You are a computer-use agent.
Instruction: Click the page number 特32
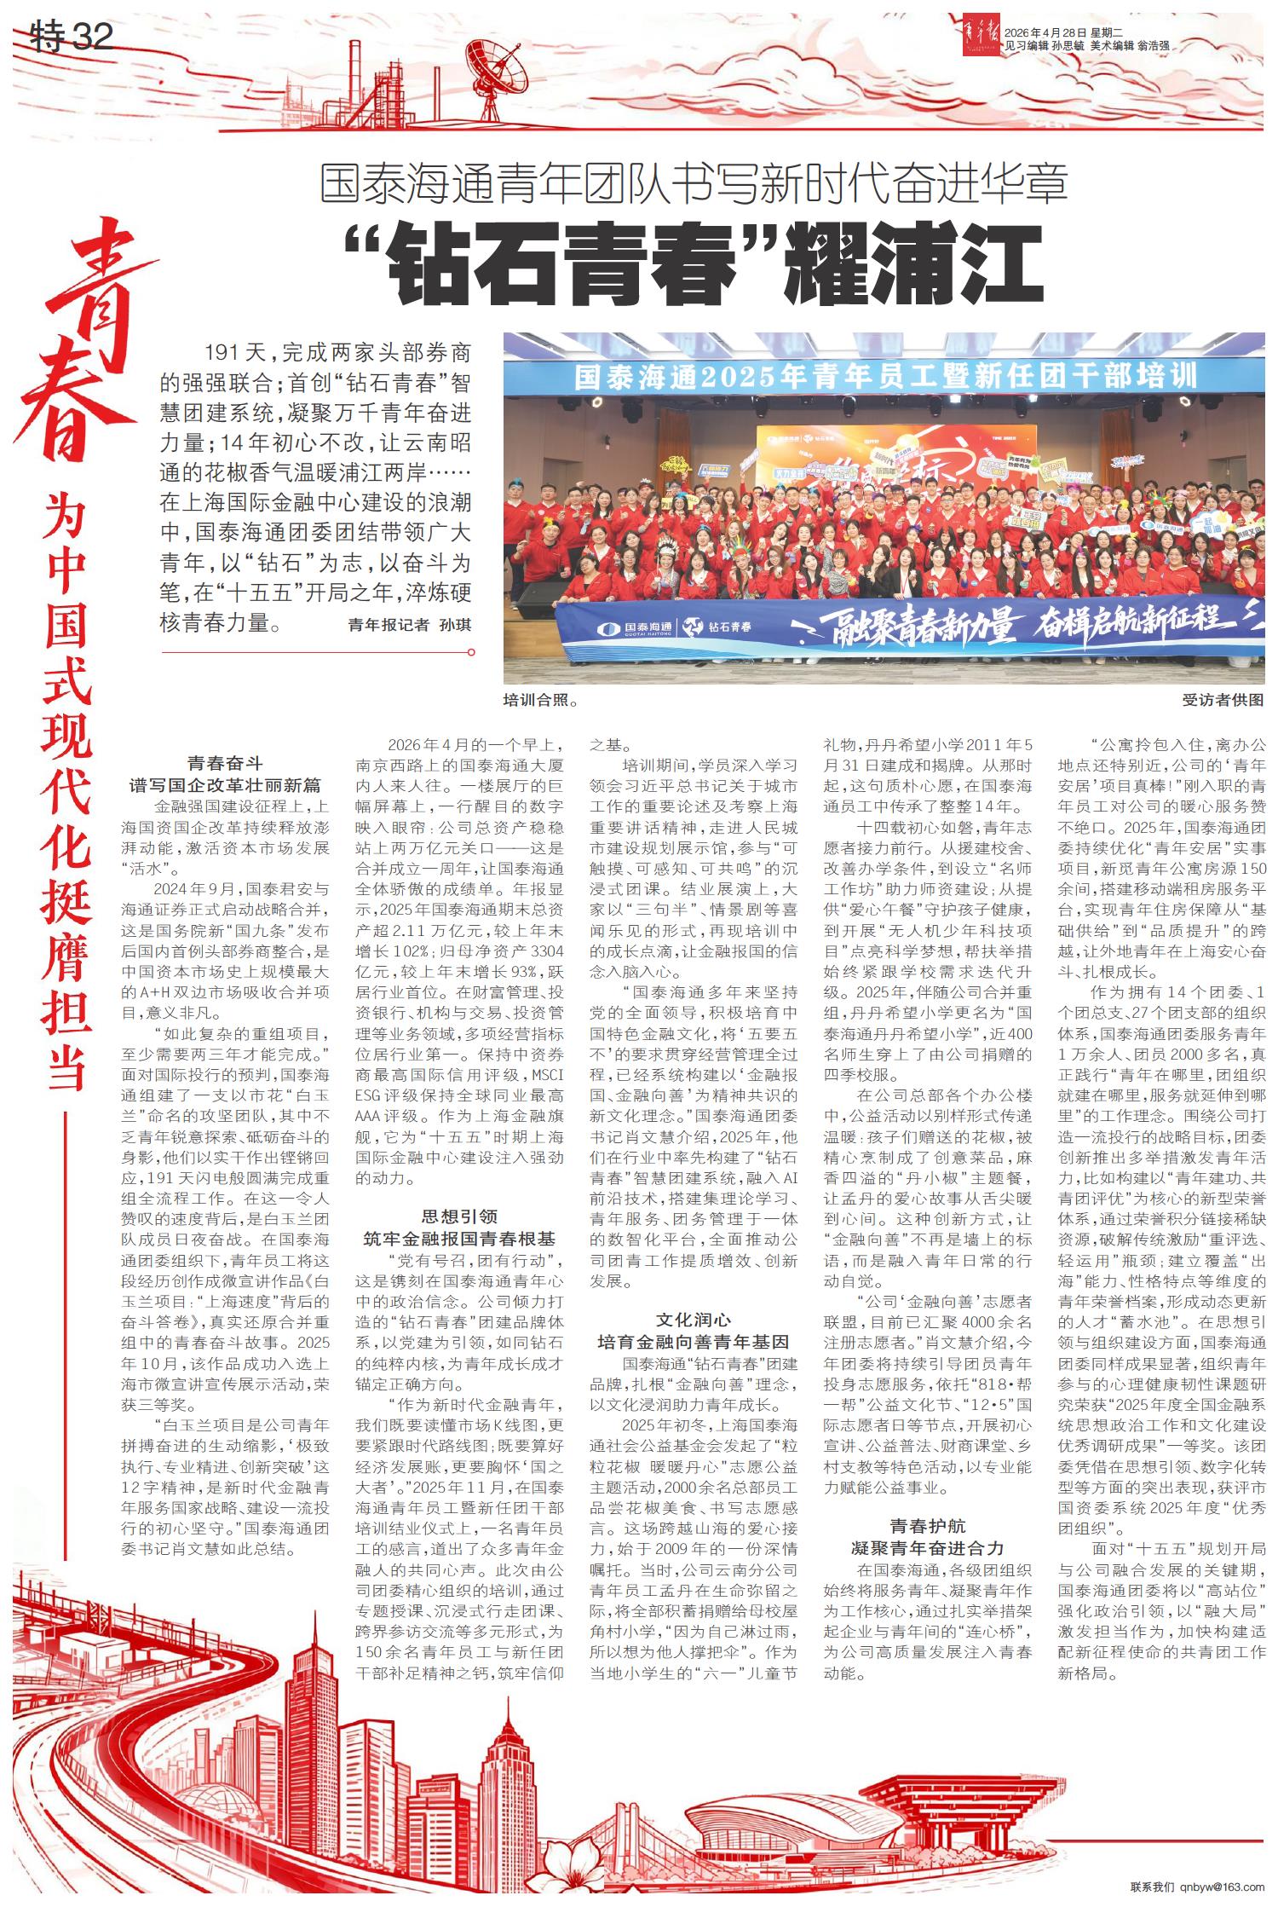click(x=72, y=38)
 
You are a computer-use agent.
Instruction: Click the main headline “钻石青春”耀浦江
click(x=694, y=265)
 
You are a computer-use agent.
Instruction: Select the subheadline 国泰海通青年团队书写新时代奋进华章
click(x=694, y=184)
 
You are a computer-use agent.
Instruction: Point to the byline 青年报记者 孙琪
click(x=409, y=625)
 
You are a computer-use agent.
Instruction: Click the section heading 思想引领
click(x=459, y=1216)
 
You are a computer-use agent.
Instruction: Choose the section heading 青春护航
click(x=927, y=1526)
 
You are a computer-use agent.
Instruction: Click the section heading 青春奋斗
click(x=225, y=763)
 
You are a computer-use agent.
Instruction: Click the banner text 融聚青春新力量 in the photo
click(x=903, y=627)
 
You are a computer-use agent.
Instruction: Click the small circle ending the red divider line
click(x=471, y=652)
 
